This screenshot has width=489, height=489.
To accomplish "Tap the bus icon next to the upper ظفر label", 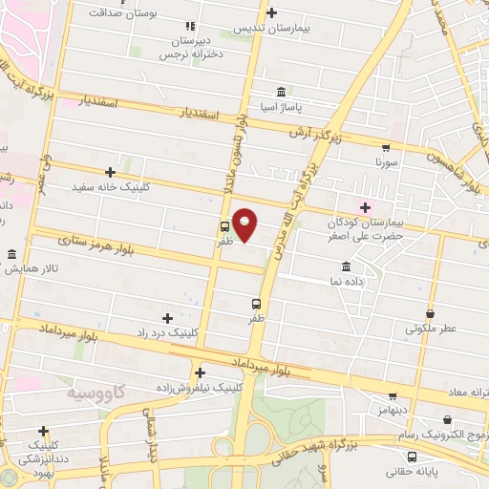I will coord(224,227).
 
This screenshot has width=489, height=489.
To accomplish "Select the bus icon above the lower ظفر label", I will coord(248,304).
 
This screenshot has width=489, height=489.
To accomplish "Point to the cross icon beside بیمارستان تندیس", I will coord(273,12).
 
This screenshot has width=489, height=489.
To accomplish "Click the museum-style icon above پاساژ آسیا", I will coord(280,93).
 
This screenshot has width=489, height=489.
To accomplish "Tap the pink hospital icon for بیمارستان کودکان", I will coord(365,207).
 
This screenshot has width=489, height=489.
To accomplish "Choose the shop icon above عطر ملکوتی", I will coord(430,313).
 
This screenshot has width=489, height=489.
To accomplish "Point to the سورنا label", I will coord(385,163).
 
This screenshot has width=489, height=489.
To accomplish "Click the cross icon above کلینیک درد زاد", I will coord(168,318).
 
